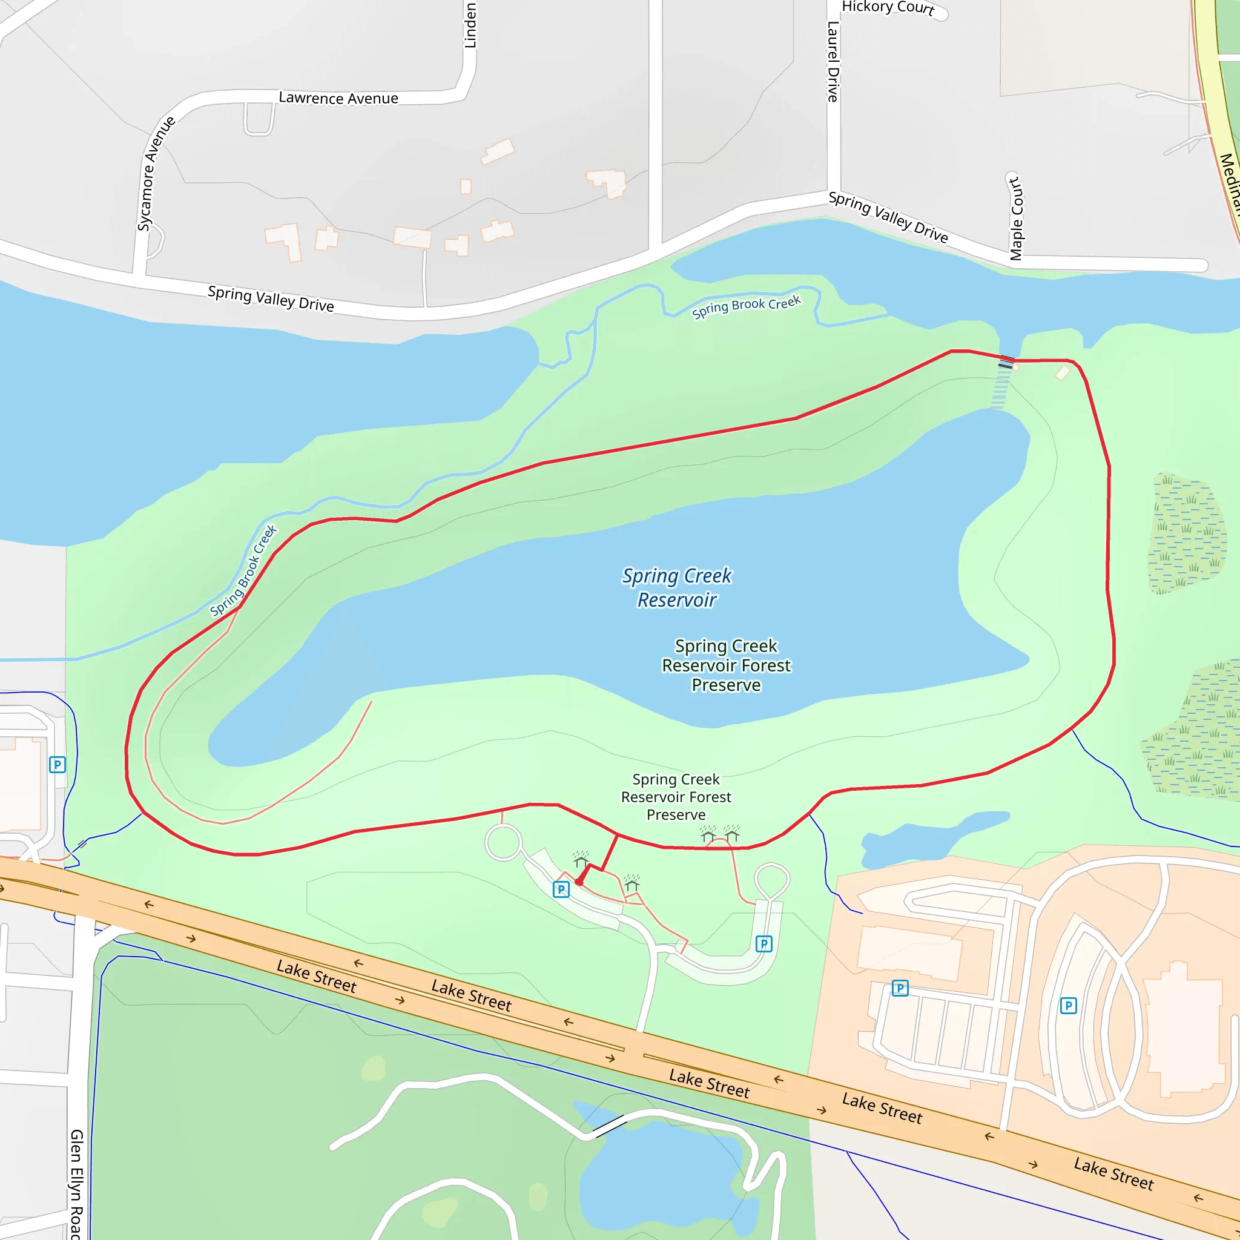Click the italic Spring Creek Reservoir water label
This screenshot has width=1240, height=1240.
click(x=676, y=587)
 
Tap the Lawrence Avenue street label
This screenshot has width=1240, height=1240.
click(x=338, y=98)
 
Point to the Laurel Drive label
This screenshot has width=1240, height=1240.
click(x=833, y=62)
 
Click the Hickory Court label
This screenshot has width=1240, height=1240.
click(x=888, y=8)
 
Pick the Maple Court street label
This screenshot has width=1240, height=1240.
click(x=1016, y=218)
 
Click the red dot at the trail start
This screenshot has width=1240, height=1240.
click(x=579, y=882)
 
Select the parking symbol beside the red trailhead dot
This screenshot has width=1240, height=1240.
click(x=561, y=889)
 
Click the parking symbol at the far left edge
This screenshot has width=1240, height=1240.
click(x=58, y=765)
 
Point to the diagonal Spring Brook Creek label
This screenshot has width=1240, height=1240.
click(x=243, y=570)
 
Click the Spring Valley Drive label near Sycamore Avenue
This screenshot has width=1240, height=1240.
click(x=270, y=298)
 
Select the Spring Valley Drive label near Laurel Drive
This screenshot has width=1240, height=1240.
click(x=888, y=217)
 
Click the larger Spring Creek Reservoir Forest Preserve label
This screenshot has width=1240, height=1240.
click(x=726, y=665)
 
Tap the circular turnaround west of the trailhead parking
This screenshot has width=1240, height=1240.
click(x=503, y=843)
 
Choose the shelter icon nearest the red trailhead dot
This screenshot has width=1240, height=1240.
click(x=581, y=859)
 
